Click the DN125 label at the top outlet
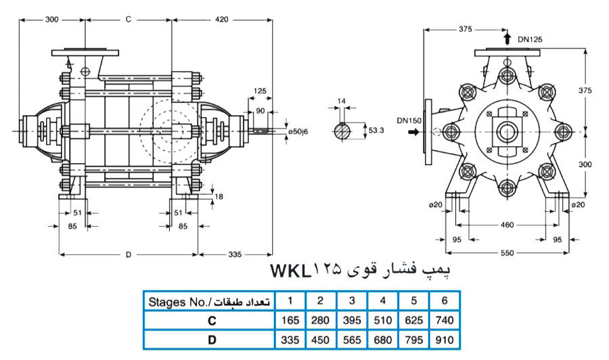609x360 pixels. pos(530,39)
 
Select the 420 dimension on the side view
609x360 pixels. pos(221,20)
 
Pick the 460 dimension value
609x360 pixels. pos(507,225)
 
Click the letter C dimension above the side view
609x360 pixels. pos(128,20)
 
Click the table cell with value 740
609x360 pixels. pos(443,319)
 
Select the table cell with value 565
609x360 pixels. pos(351,340)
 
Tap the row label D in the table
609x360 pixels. pos(211,340)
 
